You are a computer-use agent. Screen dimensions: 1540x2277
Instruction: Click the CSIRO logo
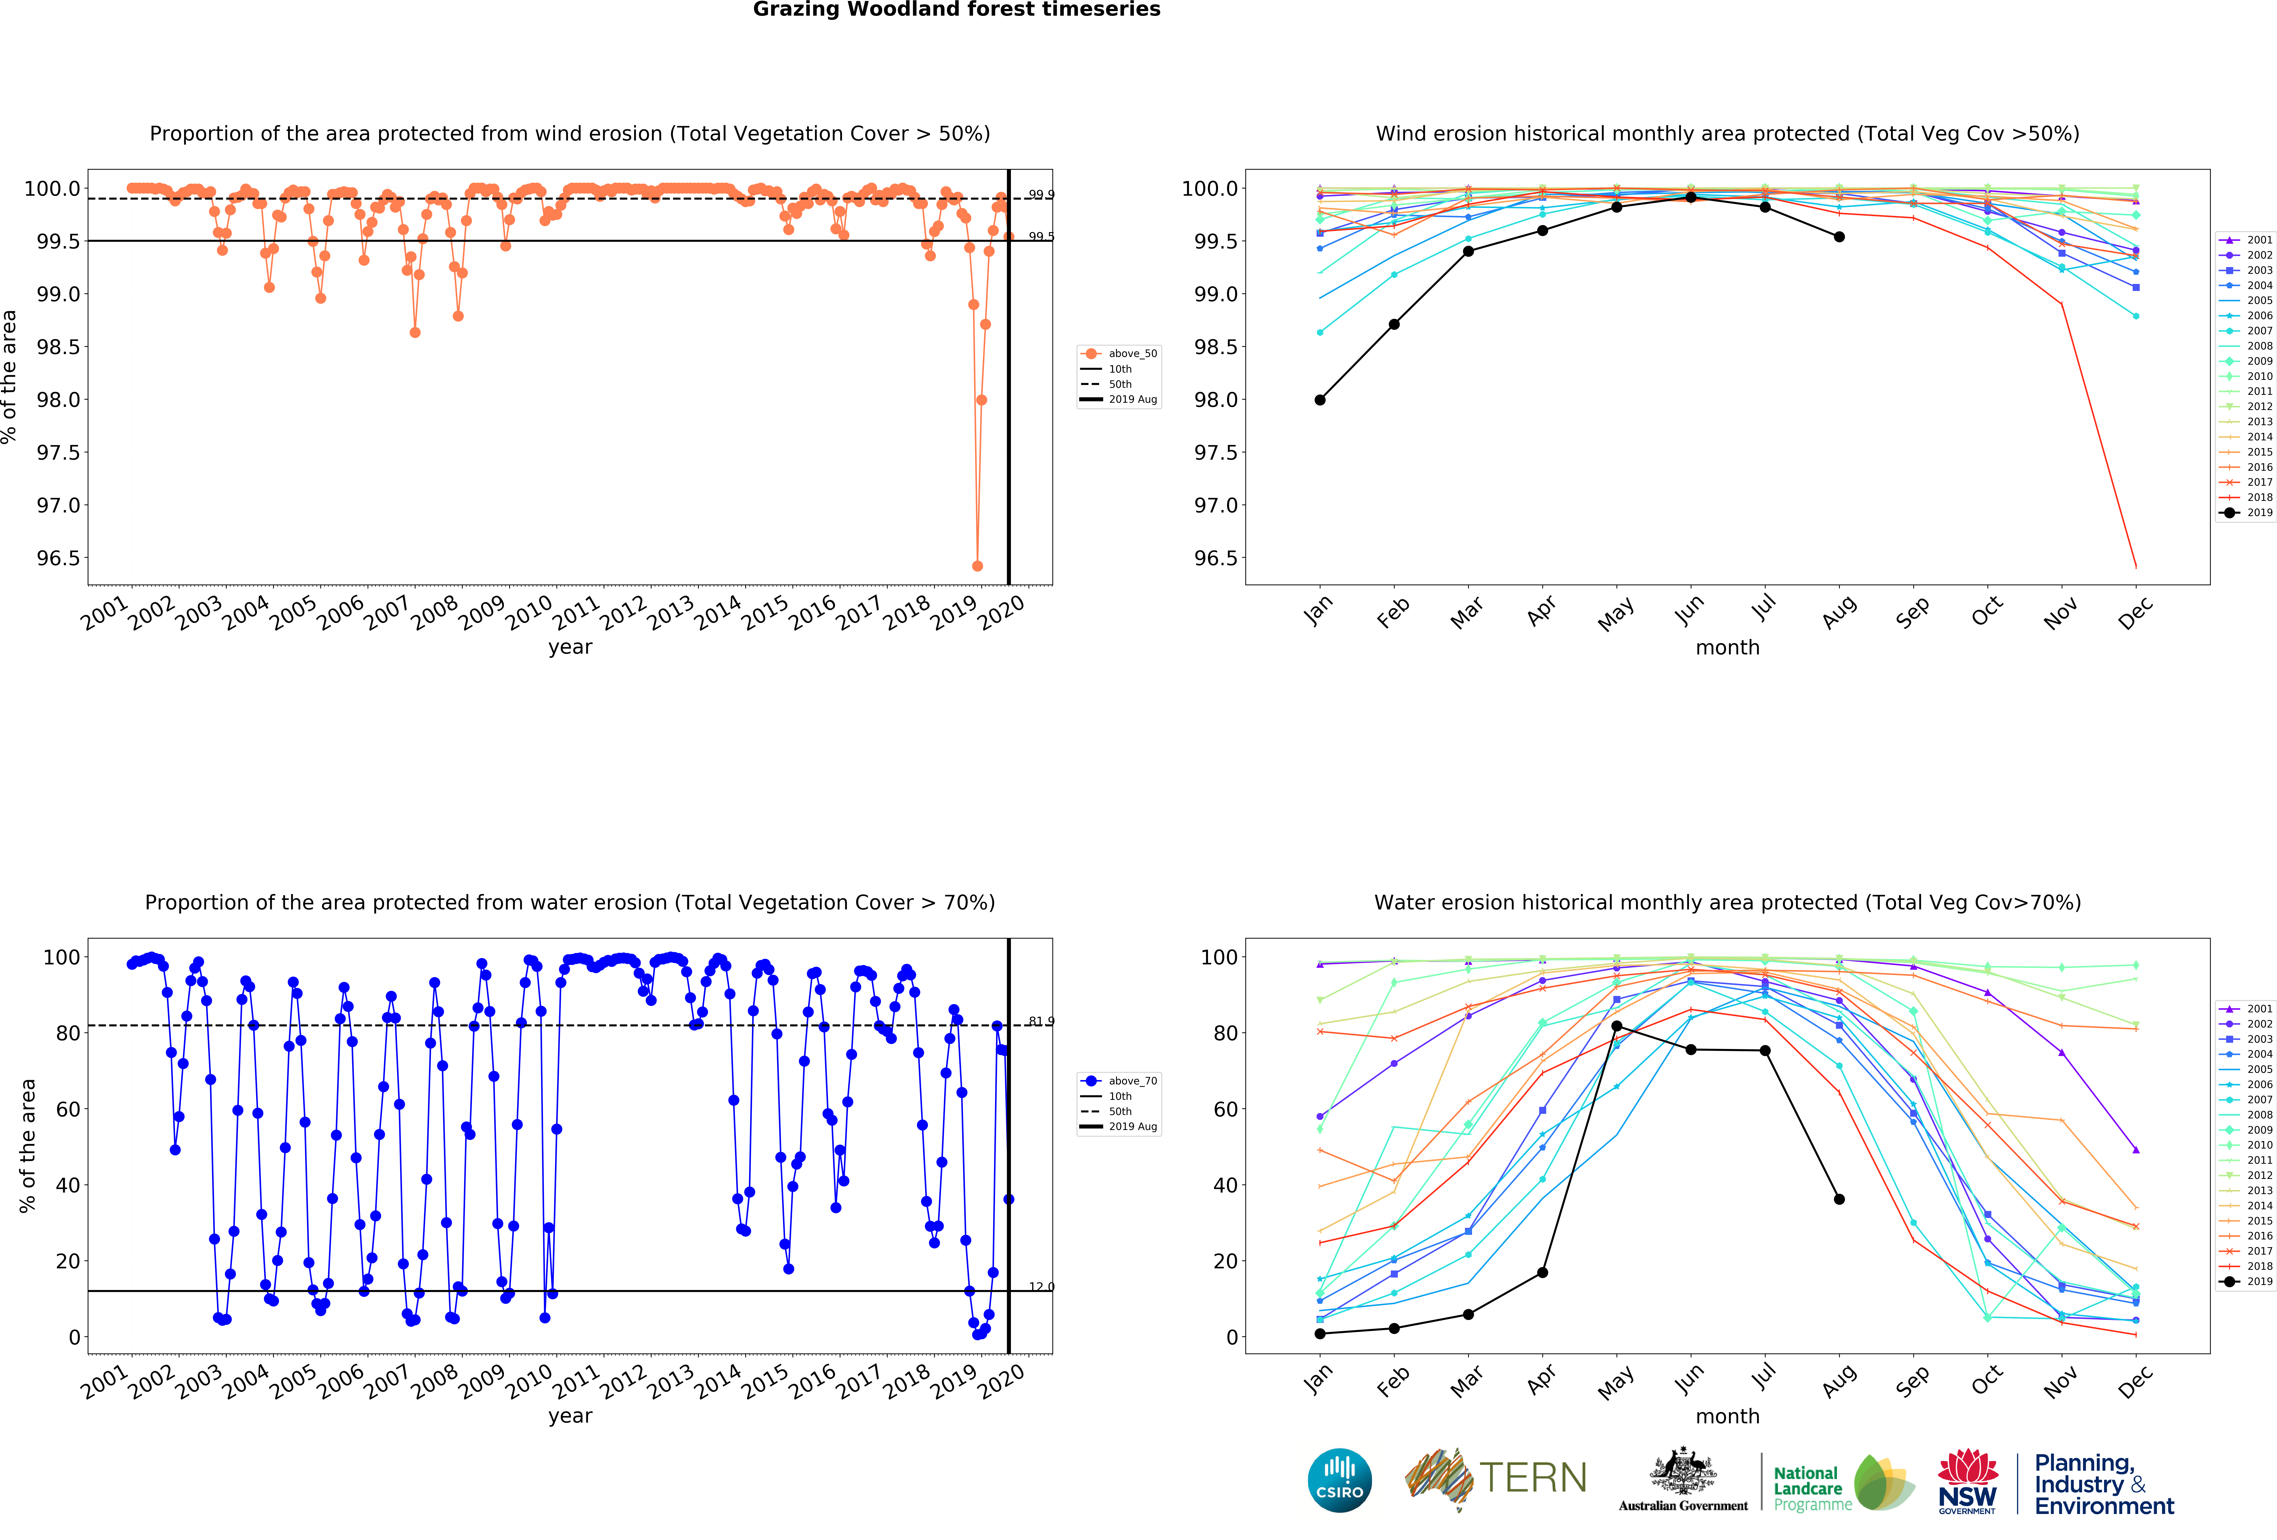1339,1480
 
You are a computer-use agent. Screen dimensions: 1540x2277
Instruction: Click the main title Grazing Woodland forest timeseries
956,10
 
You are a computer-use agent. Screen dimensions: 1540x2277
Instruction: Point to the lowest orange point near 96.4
977,566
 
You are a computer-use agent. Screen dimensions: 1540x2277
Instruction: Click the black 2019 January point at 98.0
1320,400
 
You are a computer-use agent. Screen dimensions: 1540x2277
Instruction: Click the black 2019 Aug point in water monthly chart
1839,1199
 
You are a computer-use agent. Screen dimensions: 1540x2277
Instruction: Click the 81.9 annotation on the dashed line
1041,1022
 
